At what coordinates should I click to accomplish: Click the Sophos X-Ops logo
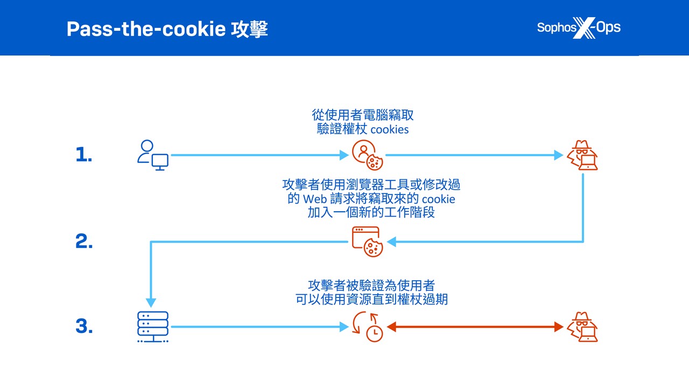[579, 27]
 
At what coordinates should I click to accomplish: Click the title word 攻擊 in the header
[250, 29]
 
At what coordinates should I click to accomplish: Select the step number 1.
[83, 155]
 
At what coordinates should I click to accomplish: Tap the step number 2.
[84, 242]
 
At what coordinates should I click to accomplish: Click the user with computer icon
[152, 155]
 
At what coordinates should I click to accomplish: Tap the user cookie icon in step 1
[367, 155]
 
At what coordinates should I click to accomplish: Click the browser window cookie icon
[367, 241]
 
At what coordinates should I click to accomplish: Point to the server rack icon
[153, 327]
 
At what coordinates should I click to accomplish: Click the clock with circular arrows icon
[368, 327]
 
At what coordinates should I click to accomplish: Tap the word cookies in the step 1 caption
[390, 129]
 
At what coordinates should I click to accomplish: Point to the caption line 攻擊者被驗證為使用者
[371, 285]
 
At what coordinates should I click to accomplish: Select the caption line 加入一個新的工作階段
[371, 212]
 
